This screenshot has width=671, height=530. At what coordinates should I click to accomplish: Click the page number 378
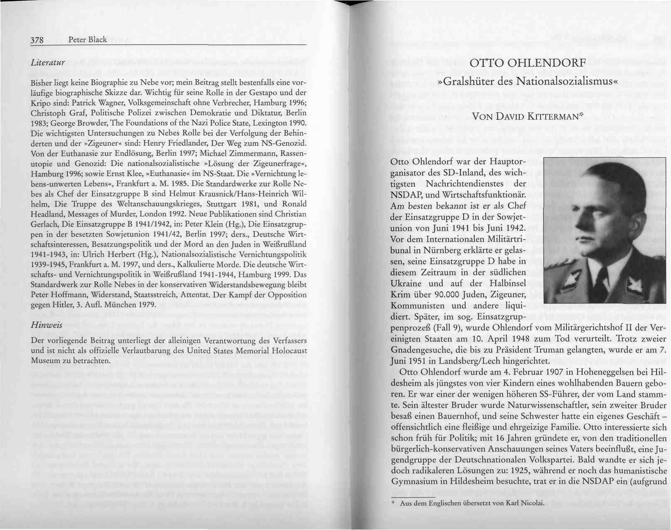click(x=37, y=40)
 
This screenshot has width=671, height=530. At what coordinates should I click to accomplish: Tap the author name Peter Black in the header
click(x=88, y=40)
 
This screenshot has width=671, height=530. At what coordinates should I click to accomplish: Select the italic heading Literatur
click(x=48, y=63)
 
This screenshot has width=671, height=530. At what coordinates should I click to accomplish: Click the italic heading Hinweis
click(x=47, y=325)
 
